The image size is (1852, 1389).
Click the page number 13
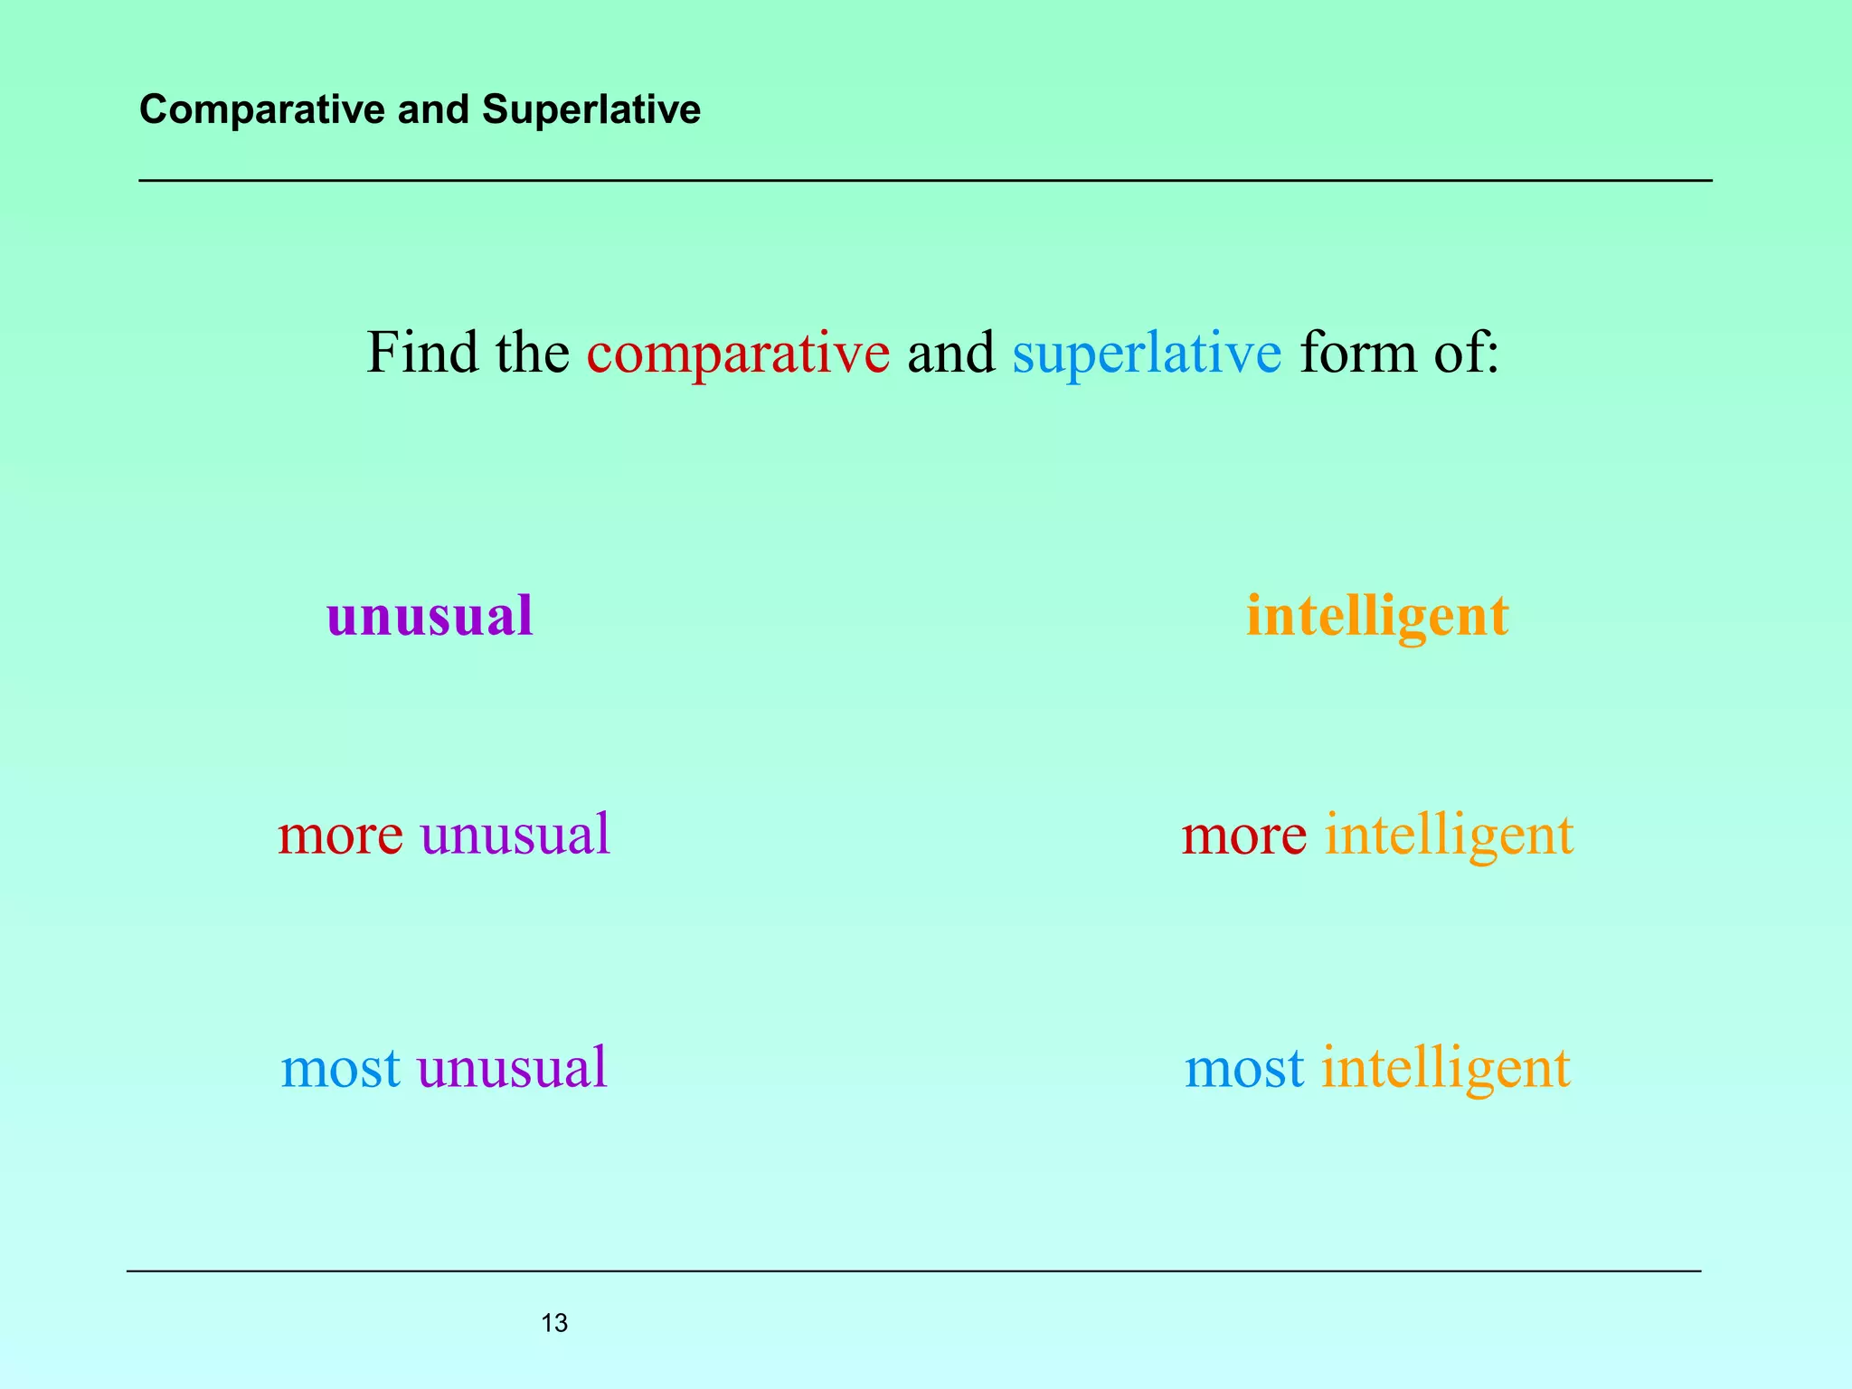point(554,1324)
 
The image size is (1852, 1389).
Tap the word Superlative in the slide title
point(591,110)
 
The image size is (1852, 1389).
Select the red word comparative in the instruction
point(738,353)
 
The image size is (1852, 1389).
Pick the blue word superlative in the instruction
point(1147,353)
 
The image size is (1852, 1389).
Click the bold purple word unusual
point(430,616)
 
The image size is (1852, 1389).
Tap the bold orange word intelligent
point(1377,618)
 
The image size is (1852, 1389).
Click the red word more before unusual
point(340,834)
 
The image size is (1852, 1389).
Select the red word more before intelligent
point(1243,834)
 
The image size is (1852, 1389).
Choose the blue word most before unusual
point(340,1068)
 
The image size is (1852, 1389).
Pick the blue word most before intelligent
point(1244,1068)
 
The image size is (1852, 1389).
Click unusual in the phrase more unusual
point(515,834)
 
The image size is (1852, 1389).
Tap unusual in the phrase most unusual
point(512,1068)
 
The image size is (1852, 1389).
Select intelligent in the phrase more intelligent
point(1449,836)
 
